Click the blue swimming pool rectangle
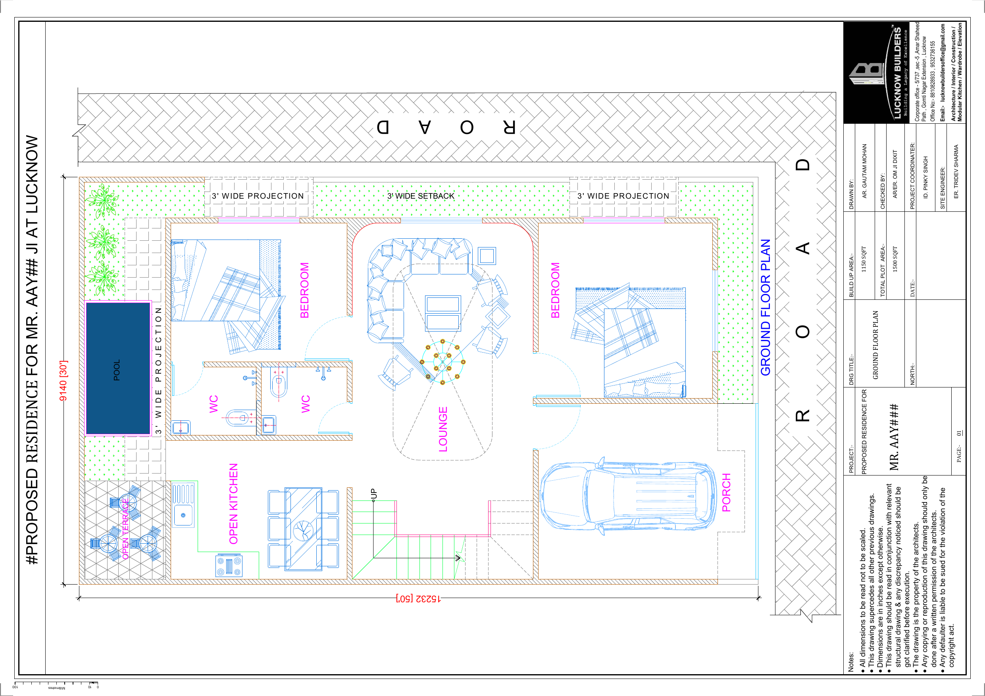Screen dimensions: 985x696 click(x=118, y=368)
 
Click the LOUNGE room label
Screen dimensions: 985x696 click(x=443, y=429)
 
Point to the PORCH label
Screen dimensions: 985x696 click(x=726, y=492)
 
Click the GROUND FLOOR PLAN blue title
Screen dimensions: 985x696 click(x=766, y=307)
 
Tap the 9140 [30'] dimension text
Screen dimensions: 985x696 click(x=63, y=381)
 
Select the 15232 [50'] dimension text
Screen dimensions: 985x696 click(x=418, y=598)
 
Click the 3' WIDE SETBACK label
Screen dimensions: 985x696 click(x=421, y=196)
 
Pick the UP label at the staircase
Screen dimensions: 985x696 click(x=374, y=494)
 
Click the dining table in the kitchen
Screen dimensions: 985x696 click(x=303, y=529)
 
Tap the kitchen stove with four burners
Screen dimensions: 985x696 click(x=229, y=566)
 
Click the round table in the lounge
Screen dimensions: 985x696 click(x=443, y=362)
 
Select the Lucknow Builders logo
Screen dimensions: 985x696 click(x=876, y=73)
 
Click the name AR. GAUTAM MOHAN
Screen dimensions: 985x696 click(x=864, y=171)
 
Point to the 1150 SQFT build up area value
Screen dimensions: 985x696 click(x=864, y=259)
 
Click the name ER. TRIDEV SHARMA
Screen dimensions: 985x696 click(x=956, y=171)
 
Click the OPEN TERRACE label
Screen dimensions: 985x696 click(x=125, y=529)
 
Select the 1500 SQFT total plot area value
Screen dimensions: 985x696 click(x=895, y=259)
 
